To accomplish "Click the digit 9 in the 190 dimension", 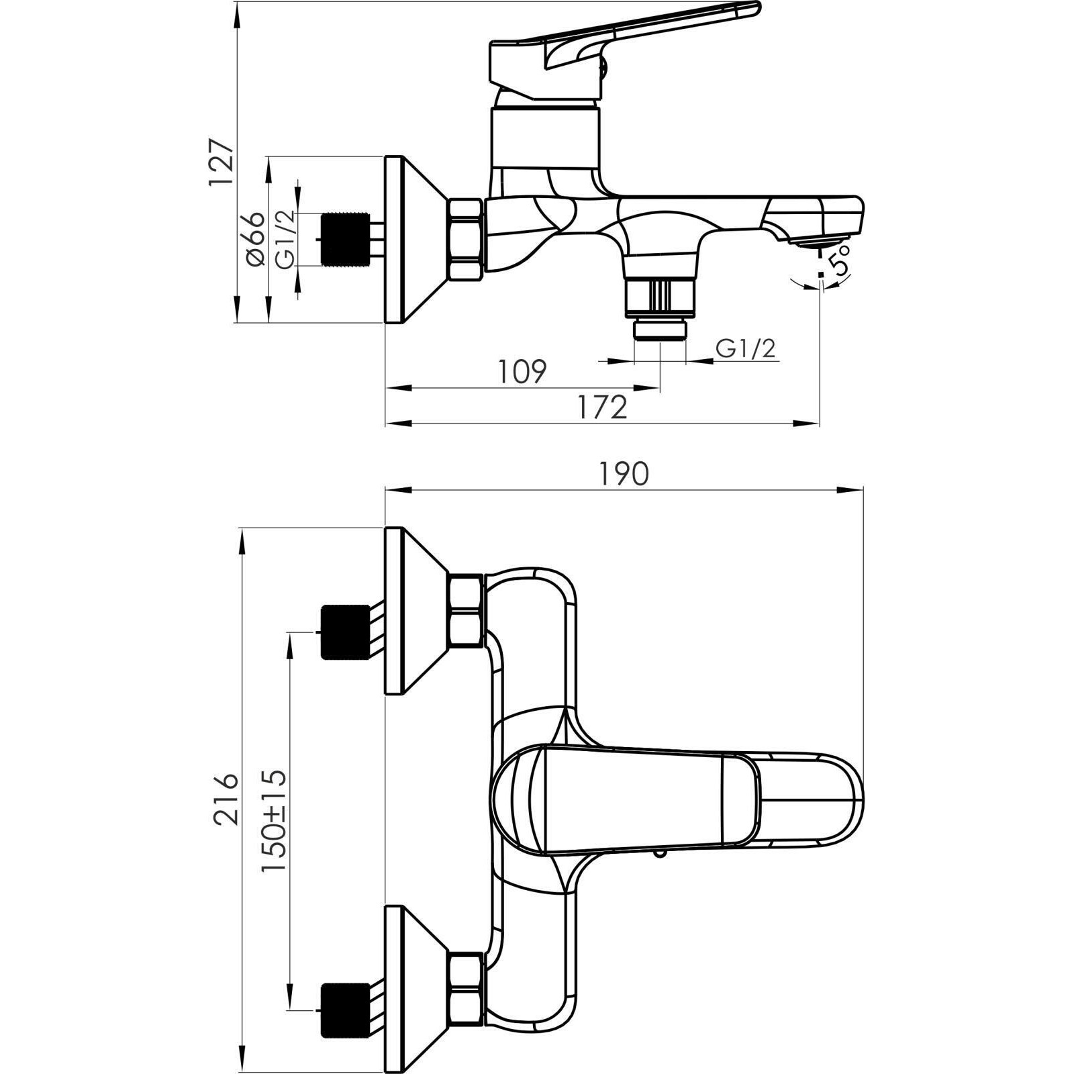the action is (622, 475).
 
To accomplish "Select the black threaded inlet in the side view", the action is (346, 240).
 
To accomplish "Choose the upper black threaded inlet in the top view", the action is (346, 632).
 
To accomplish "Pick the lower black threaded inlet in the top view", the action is (346, 1011).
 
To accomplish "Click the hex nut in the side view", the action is (466, 240).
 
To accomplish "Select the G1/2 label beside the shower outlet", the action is (746, 348).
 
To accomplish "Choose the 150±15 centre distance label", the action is (275, 820).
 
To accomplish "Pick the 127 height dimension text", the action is (221, 163).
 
